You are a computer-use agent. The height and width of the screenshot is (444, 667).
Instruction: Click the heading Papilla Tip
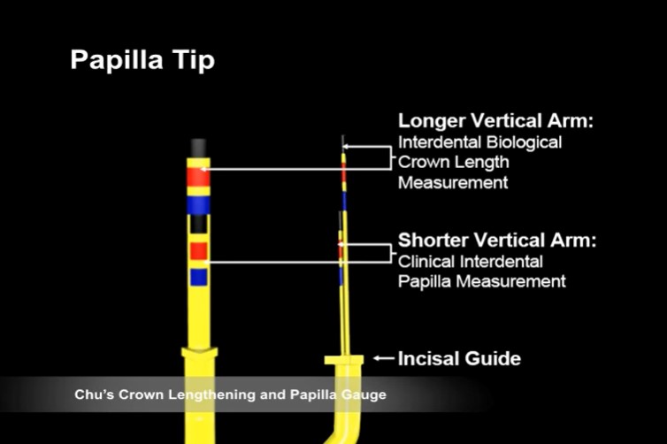142,61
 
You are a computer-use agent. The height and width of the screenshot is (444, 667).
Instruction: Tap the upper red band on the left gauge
200,177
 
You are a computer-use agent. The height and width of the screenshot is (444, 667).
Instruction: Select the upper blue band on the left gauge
200,205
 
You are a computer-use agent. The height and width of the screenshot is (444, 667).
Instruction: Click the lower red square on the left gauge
199,250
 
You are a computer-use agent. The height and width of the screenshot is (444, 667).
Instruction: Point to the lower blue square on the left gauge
199,277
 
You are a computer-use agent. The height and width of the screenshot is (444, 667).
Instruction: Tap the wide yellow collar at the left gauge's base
199,364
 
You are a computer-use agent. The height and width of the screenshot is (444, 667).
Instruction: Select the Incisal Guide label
459,358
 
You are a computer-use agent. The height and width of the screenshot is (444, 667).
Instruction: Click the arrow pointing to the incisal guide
383,358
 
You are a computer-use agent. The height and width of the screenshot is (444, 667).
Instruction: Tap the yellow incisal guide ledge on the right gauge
344,360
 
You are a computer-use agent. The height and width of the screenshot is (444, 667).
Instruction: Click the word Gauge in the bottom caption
364,394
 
